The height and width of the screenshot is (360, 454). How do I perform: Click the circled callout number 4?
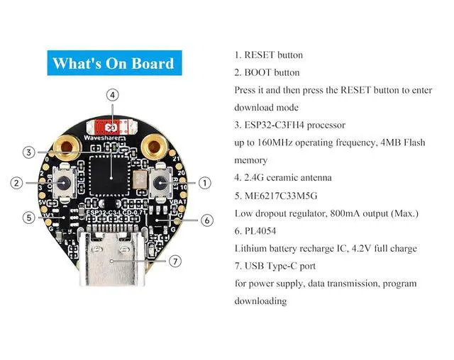[x=112, y=95]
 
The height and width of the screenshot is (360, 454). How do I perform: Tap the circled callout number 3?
[x=28, y=152]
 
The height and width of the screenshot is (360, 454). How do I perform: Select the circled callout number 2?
[x=16, y=183]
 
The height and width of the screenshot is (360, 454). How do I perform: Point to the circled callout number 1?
[x=205, y=183]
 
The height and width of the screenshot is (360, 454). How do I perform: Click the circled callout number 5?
[x=28, y=218]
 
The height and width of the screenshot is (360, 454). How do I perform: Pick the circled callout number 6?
[x=206, y=220]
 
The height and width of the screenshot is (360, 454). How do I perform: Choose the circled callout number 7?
[x=175, y=261]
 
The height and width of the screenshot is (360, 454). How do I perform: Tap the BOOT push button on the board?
[x=63, y=183]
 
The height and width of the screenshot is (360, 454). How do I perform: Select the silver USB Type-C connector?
[x=112, y=259]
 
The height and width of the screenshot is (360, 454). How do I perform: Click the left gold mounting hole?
[x=67, y=147]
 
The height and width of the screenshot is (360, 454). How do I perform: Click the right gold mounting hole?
[x=154, y=147]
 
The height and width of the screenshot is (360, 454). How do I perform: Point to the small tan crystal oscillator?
[x=140, y=180]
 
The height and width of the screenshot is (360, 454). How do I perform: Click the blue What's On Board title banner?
[x=115, y=63]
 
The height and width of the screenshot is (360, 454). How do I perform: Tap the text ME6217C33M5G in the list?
[x=281, y=196]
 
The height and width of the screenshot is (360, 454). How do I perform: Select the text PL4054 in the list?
[x=260, y=231]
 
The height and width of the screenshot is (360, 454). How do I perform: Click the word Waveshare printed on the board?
[x=101, y=138]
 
